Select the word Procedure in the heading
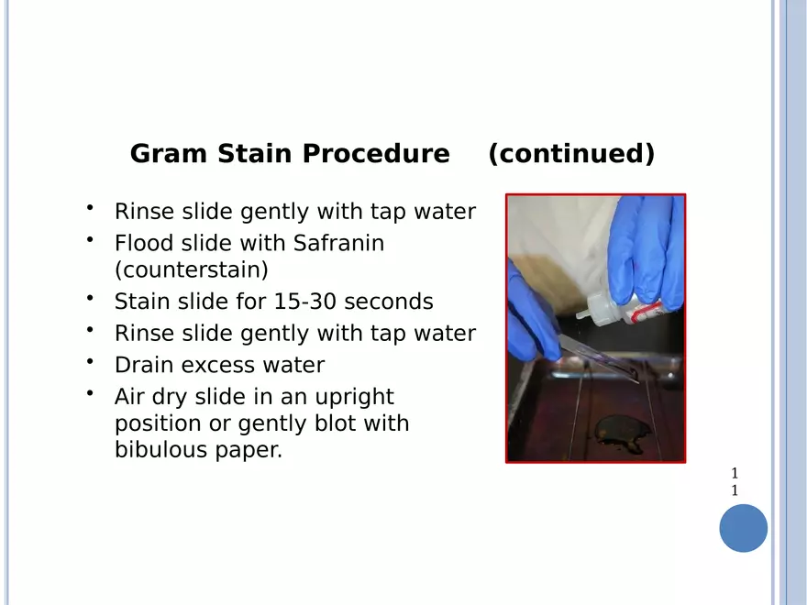[376, 153]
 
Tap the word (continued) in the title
[571, 153]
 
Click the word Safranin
[338, 243]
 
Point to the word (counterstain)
[192, 269]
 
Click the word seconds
[389, 302]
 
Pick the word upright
[354, 398]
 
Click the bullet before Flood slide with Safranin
[90, 239]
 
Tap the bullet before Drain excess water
[90, 361]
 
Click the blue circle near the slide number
[743, 528]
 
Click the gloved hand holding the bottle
[647, 252]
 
